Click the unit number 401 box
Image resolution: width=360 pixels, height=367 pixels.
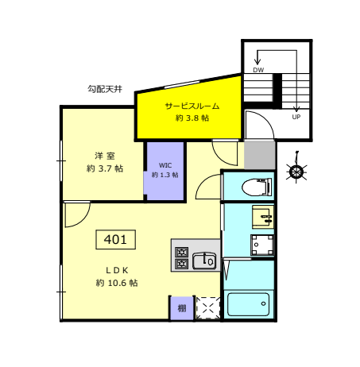(x=115, y=239)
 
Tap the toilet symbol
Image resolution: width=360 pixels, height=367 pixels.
(x=257, y=187)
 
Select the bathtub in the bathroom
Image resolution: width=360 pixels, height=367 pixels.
(x=248, y=304)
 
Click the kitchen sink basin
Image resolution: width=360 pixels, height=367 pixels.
(x=204, y=261)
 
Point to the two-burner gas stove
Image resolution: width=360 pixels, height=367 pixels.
(x=182, y=257)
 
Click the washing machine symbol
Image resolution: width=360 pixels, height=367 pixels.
(x=262, y=245)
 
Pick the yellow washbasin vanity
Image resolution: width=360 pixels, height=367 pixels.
(x=263, y=217)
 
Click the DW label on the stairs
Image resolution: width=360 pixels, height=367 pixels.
(x=258, y=70)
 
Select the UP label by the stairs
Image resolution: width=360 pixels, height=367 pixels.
(x=296, y=117)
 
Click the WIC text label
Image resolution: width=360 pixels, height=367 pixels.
(x=165, y=165)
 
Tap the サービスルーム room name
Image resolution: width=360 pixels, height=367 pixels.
(x=192, y=106)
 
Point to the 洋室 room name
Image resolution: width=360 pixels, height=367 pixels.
(x=105, y=156)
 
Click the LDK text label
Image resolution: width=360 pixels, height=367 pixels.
(x=117, y=270)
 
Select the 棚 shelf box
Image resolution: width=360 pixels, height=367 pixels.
(x=182, y=308)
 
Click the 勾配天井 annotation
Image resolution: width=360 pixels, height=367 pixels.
(x=105, y=89)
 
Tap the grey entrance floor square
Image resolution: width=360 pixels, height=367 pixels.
(x=259, y=155)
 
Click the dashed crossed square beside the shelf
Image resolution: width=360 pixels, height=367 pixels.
(x=208, y=308)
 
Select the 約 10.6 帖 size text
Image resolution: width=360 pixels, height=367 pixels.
(x=117, y=283)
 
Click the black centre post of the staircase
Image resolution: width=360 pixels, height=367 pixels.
(x=277, y=91)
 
